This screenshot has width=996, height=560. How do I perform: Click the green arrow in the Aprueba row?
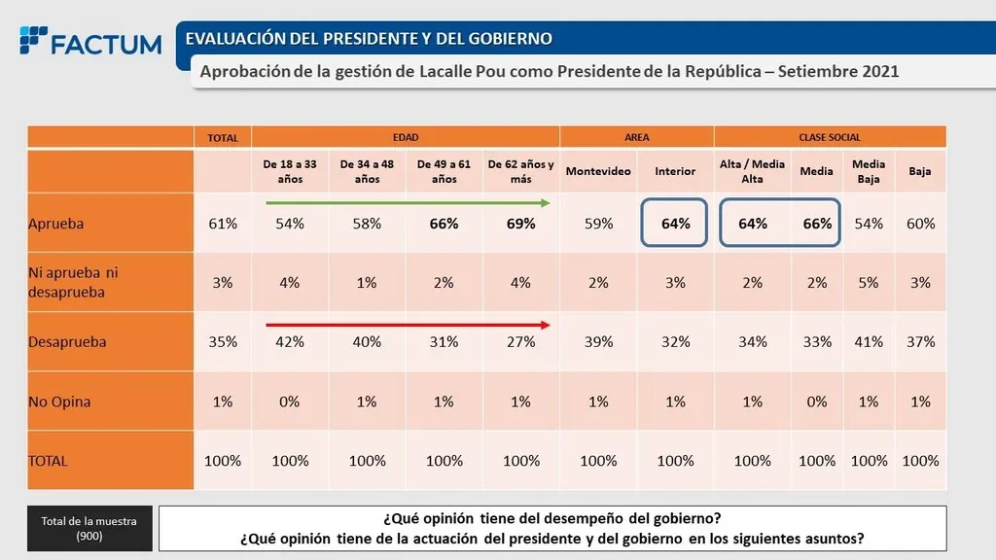pyautogui.click(x=409, y=202)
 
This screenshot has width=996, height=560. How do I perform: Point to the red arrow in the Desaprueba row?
pyautogui.click(x=409, y=326)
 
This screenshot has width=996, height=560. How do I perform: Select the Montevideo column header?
pyautogui.click(x=598, y=171)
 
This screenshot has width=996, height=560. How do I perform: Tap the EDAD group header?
pyautogui.click(x=405, y=138)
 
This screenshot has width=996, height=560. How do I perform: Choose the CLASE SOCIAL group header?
pyautogui.click(x=830, y=138)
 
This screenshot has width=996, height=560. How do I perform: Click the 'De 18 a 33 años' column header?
pyautogui.click(x=290, y=171)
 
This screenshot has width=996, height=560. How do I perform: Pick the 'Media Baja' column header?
pyautogui.click(x=869, y=171)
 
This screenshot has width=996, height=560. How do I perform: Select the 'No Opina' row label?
pyautogui.click(x=60, y=402)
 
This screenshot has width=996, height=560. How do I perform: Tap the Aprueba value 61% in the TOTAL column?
pyautogui.click(x=223, y=224)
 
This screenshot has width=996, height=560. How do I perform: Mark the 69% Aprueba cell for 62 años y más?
pyautogui.click(x=521, y=224)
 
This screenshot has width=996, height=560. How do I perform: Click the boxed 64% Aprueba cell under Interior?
pyautogui.click(x=675, y=224)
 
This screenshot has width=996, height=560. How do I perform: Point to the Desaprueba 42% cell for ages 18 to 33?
pyautogui.click(x=290, y=342)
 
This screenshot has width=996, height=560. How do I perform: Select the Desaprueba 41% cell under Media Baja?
pyautogui.click(x=869, y=342)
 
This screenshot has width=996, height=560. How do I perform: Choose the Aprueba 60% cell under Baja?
pyautogui.click(x=919, y=224)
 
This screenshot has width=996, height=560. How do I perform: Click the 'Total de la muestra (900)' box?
pyautogui.click(x=89, y=528)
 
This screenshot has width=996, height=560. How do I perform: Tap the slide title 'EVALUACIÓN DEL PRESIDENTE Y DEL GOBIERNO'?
pyautogui.click(x=370, y=39)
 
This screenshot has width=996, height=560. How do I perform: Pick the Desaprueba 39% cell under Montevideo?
pyautogui.click(x=598, y=342)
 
